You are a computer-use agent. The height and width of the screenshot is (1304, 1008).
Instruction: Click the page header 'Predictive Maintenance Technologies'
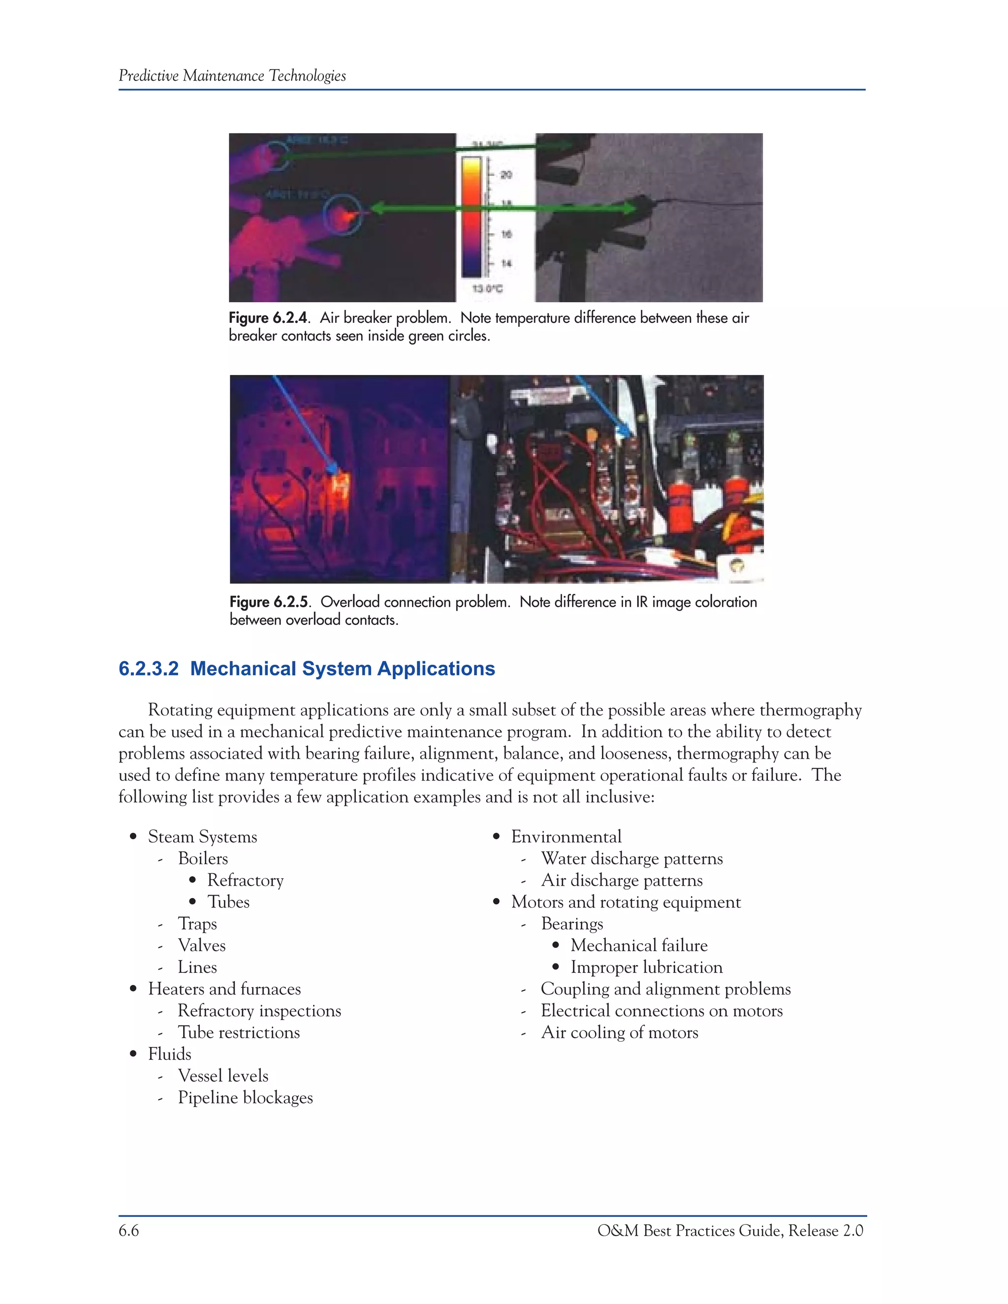(232, 76)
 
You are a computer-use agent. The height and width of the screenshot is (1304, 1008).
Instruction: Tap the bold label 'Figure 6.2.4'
(268, 318)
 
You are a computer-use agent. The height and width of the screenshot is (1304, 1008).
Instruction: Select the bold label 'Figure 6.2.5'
(269, 602)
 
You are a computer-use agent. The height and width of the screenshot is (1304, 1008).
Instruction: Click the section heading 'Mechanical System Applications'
(342, 669)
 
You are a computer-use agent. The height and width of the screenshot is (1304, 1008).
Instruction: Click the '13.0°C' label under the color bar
(487, 289)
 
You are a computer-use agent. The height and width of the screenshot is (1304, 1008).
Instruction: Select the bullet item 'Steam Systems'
(202, 837)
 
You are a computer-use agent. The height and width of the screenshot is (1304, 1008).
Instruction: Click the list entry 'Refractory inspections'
(259, 1011)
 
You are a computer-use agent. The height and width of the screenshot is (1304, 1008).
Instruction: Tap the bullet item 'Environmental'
(566, 837)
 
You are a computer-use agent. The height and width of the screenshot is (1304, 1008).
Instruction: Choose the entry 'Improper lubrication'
(646, 967)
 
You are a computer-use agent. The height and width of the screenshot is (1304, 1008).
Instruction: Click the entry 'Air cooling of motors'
(619, 1033)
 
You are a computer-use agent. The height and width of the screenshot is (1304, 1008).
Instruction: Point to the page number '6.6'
(128, 1231)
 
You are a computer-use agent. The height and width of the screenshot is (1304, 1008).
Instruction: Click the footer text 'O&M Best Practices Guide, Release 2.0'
(730, 1231)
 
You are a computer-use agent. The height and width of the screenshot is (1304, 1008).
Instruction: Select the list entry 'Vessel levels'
(223, 1076)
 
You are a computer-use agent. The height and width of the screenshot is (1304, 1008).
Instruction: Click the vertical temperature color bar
(471, 216)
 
